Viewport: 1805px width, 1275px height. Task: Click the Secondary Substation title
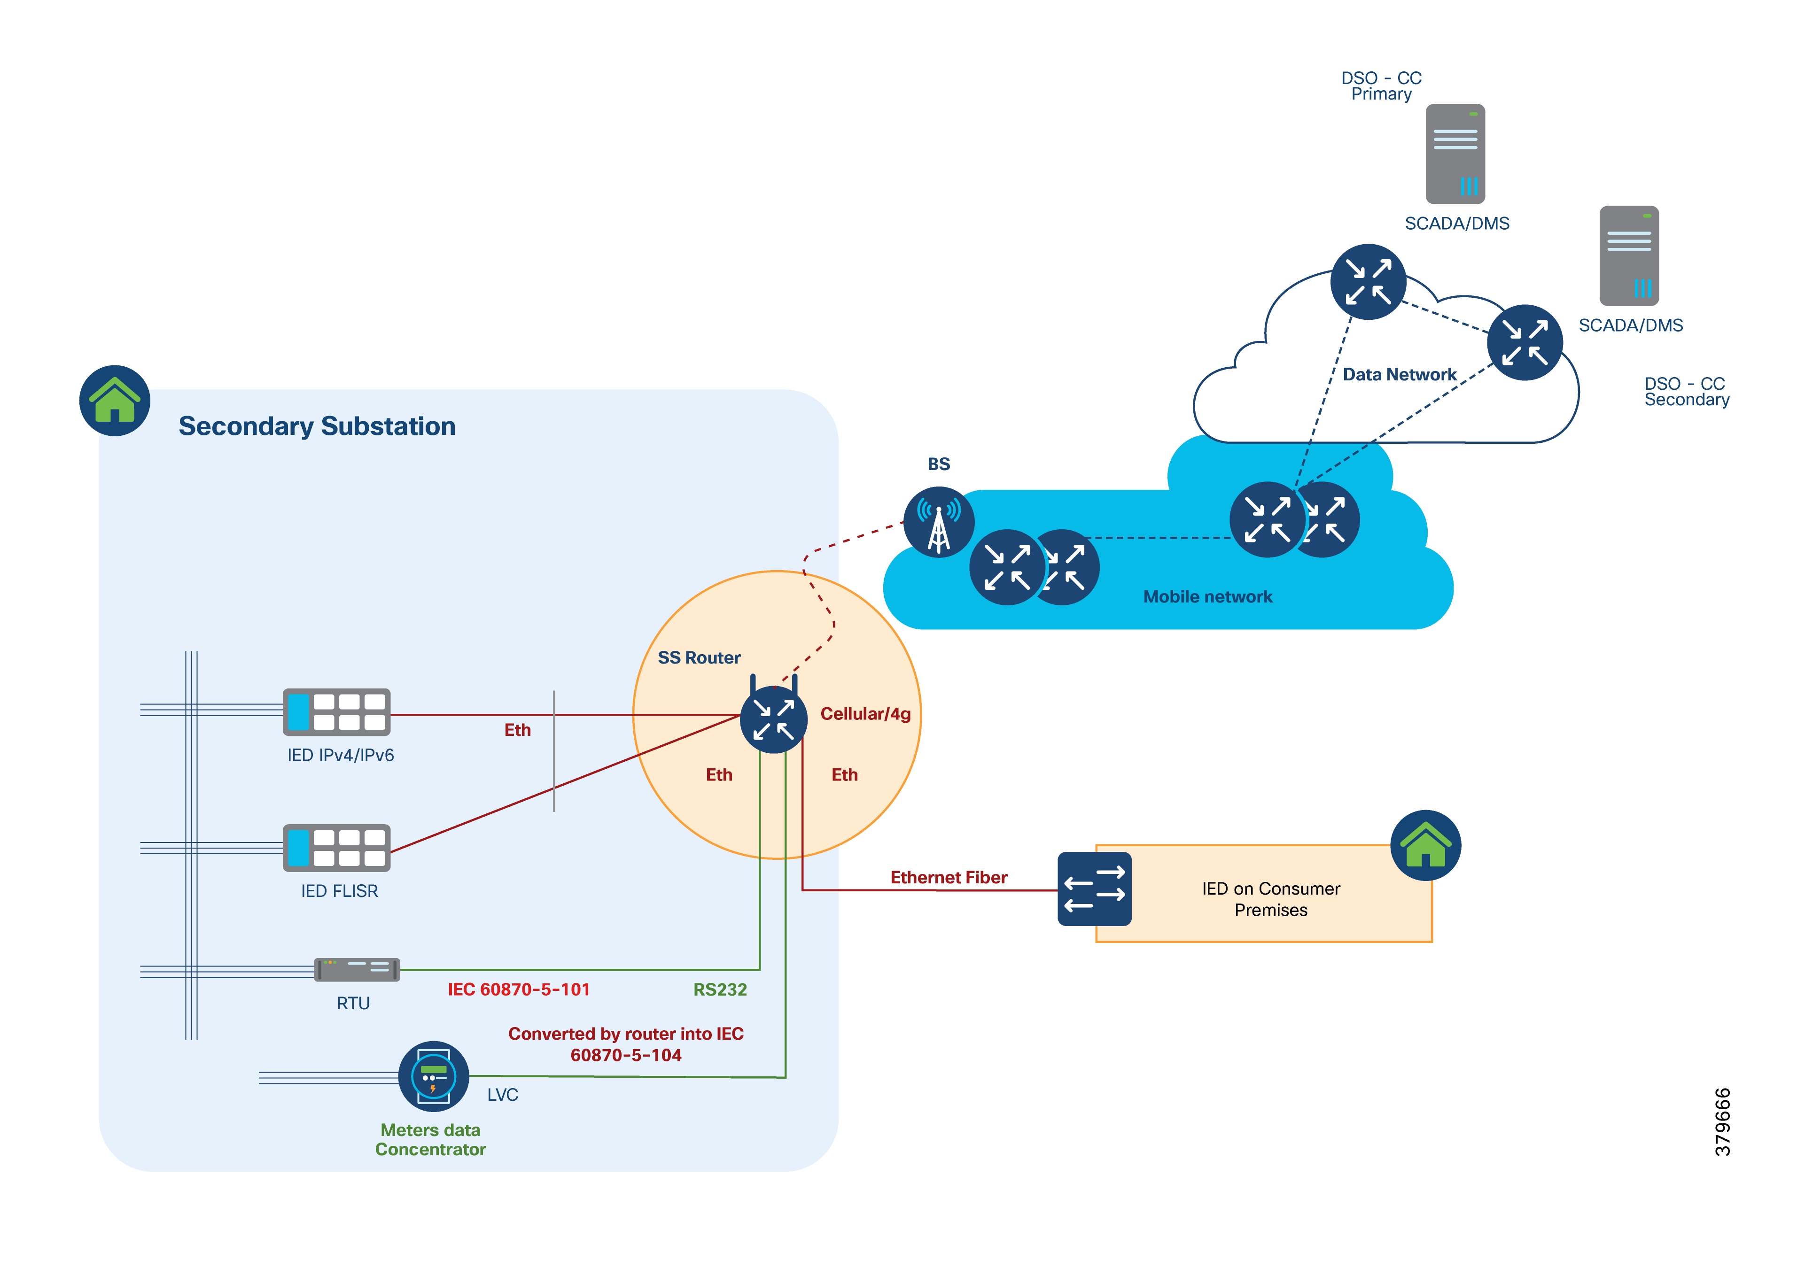[317, 426]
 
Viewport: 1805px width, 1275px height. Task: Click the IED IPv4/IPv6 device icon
[336, 711]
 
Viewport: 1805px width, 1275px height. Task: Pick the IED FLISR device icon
[336, 847]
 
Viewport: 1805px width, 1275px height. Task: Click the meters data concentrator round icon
[433, 1076]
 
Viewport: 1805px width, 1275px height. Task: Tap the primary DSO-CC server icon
[1455, 154]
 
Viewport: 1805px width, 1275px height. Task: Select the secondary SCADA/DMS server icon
[1629, 255]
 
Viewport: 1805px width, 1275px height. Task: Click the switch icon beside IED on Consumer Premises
[1094, 889]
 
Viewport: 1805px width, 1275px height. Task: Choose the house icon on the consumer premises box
[1425, 845]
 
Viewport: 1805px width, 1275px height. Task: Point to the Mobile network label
[1207, 596]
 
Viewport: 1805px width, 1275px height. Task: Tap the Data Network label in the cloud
[1400, 375]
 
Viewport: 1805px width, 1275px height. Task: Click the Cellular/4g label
[865, 714]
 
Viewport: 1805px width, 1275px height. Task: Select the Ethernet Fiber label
[949, 877]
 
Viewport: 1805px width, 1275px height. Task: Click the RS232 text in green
[720, 989]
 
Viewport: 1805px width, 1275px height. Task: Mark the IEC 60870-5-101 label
[519, 989]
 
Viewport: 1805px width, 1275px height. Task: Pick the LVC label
[502, 1095]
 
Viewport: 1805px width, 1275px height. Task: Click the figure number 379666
[1722, 1122]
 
